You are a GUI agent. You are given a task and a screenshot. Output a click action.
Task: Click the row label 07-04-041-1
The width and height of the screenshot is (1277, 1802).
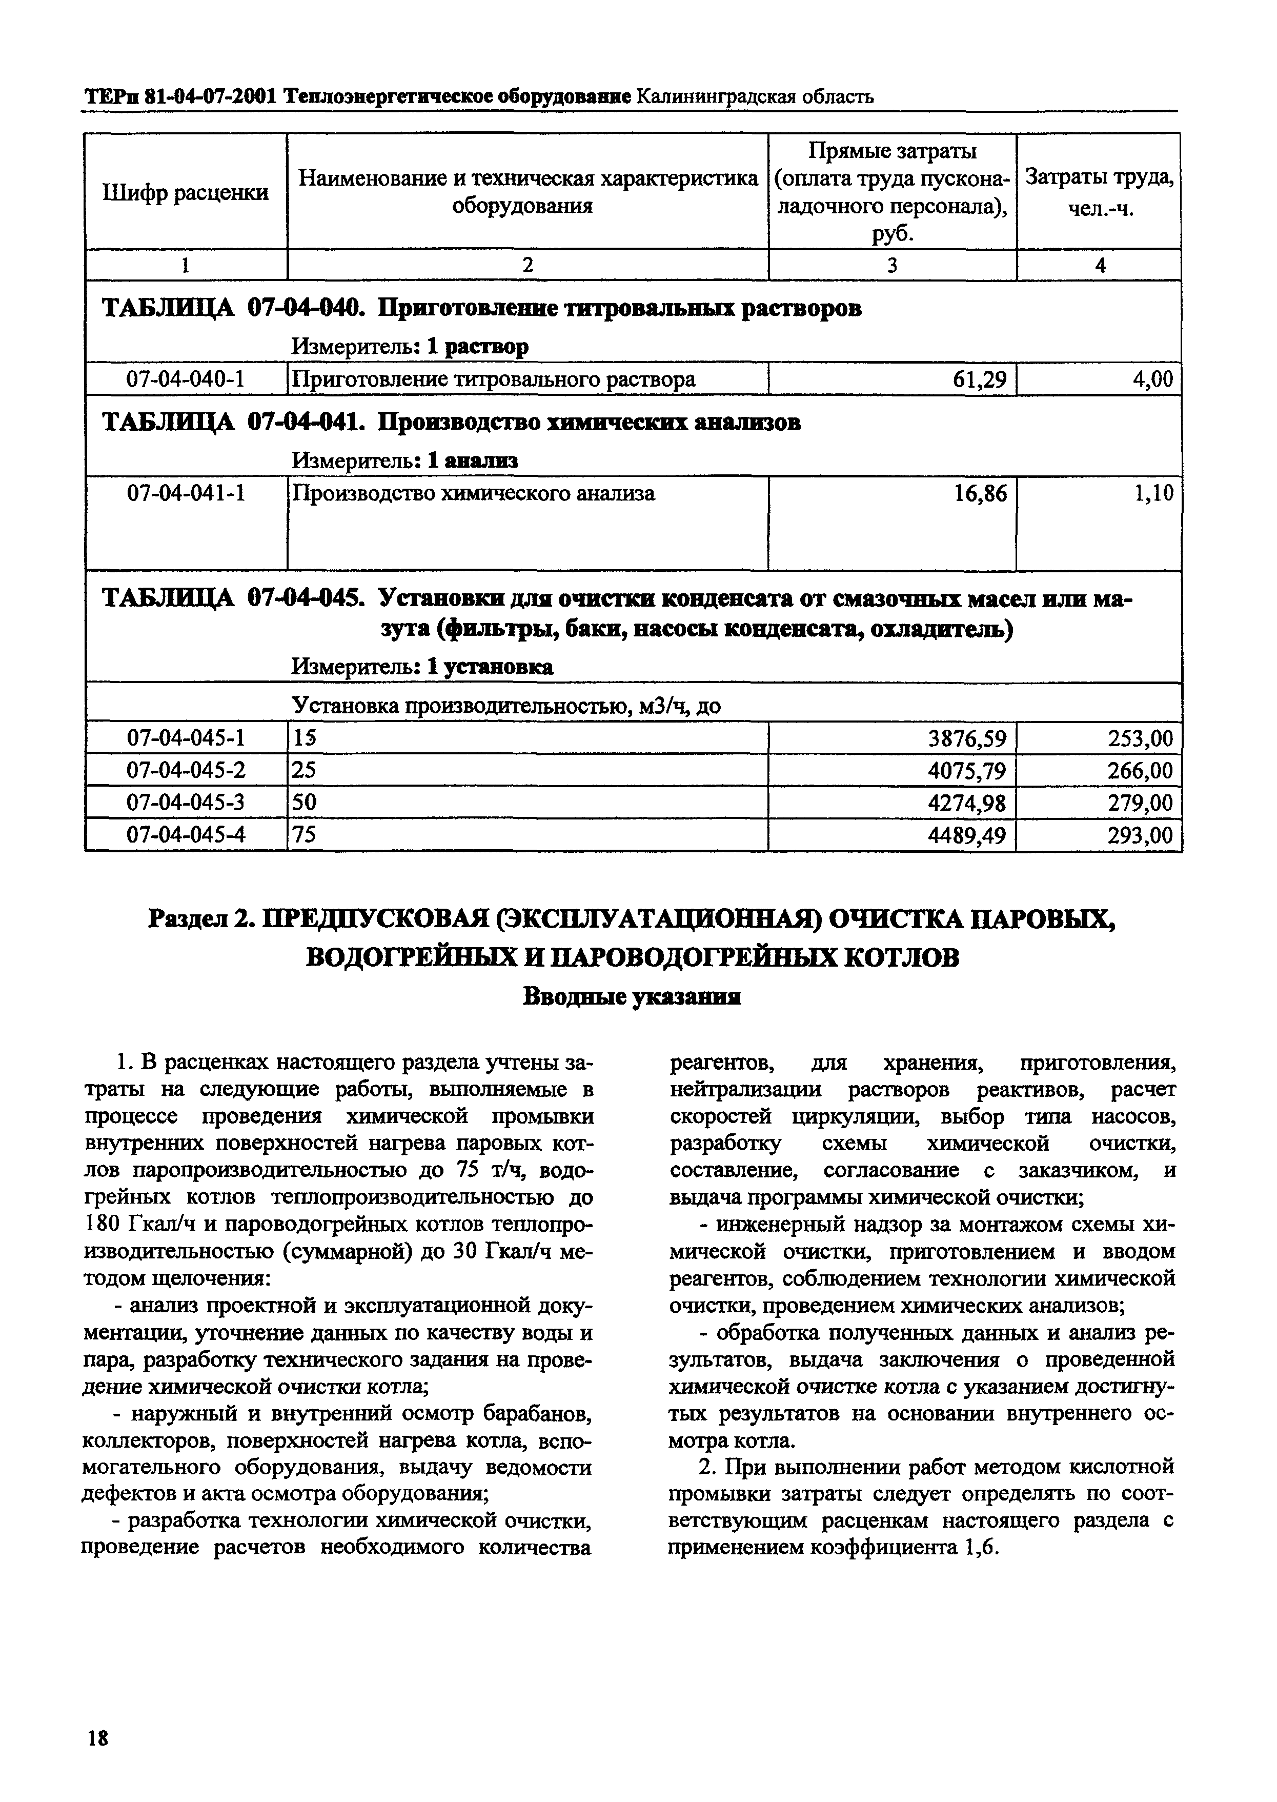click(x=186, y=493)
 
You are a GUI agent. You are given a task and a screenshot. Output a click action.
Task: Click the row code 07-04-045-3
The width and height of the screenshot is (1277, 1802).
click(x=186, y=803)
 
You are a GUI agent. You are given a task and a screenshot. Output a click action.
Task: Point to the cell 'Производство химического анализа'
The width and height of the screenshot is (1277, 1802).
click(x=473, y=493)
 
